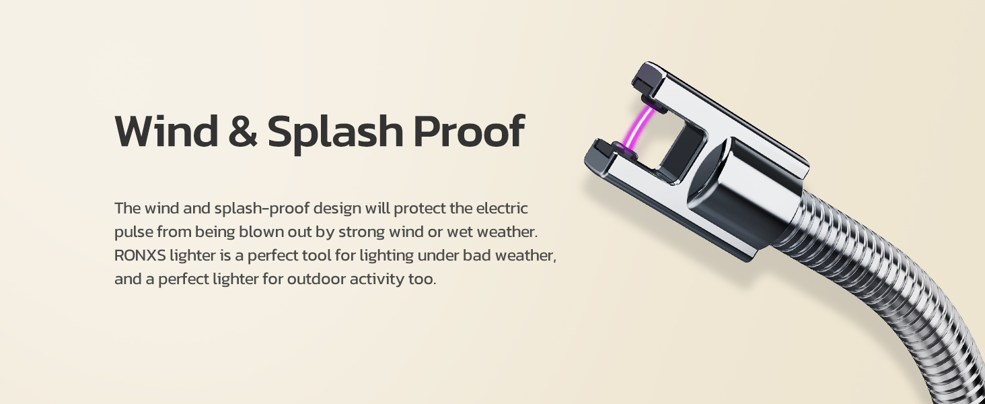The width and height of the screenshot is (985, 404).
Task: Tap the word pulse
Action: pos(133,232)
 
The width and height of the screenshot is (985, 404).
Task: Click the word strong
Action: pos(371,232)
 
